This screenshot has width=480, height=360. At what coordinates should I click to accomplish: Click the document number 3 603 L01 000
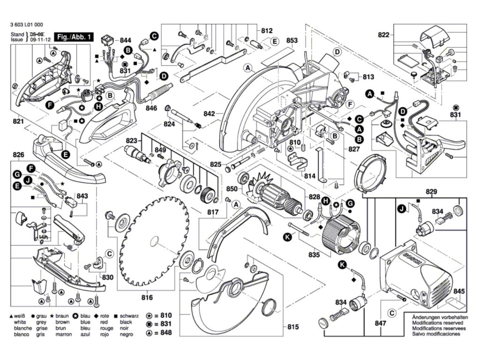(26, 26)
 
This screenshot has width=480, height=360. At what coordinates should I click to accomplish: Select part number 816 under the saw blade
(147, 297)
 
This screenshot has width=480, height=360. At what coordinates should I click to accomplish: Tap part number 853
(292, 41)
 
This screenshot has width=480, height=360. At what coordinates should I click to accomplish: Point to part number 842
(210, 114)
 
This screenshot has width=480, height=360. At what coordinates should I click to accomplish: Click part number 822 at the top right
(384, 34)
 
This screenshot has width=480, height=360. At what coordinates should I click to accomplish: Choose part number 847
(381, 323)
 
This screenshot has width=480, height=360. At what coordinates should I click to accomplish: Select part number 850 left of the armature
(232, 188)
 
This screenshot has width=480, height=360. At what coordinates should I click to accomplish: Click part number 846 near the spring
(151, 108)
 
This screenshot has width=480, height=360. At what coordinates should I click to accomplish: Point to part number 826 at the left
(18, 155)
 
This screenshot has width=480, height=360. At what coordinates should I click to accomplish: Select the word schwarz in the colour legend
(129, 316)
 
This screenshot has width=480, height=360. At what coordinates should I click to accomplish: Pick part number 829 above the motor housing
(431, 191)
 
